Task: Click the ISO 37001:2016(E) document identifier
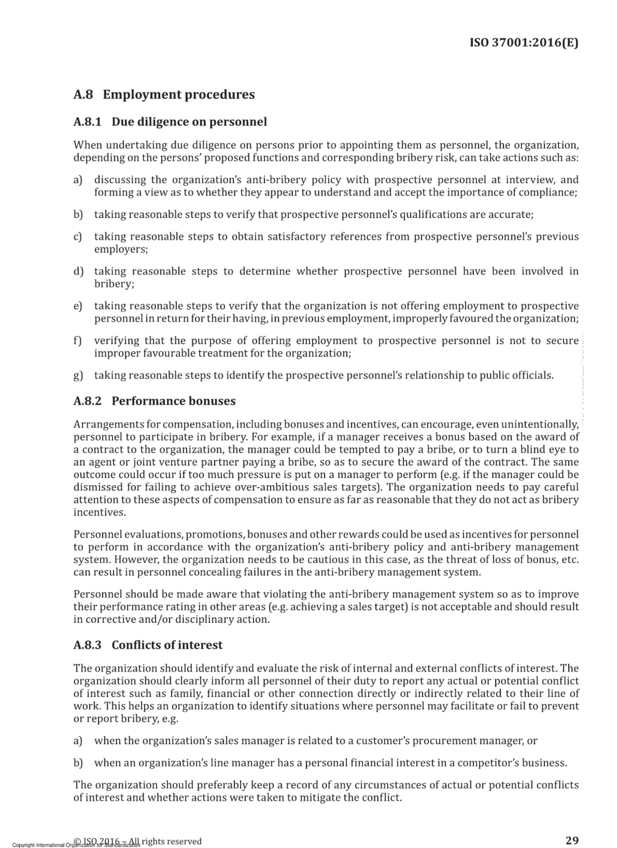click(524, 42)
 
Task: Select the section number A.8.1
click(87, 122)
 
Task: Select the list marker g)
click(78, 376)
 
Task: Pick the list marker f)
click(78, 341)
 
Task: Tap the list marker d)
click(78, 271)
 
